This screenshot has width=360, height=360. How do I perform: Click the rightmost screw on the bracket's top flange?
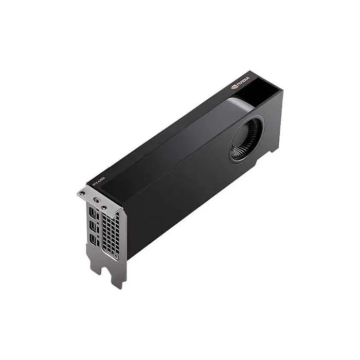[x=104, y=207]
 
